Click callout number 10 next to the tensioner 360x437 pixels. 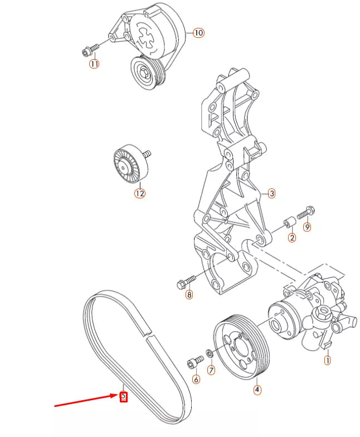pyautogui.click(x=198, y=33)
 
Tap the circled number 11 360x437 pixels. pyautogui.click(x=94, y=64)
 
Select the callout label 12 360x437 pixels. pyautogui.click(x=139, y=193)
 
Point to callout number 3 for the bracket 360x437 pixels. pyautogui.click(x=271, y=194)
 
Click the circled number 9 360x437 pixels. pyautogui.click(x=307, y=227)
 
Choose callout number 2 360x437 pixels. pyautogui.click(x=291, y=238)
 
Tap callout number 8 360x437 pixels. pyautogui.click(x=189, y=295)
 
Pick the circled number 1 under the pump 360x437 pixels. pyautogui.click(x=327, y=361)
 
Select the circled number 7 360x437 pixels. pyautogui.click(x=211, y=370)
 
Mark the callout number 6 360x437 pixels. pyautogui.click(x=196, y=380)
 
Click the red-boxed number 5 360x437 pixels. pyautogui.click(x=124, y=397)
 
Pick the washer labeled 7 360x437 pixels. pyautogui.click(x=208, y=353)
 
